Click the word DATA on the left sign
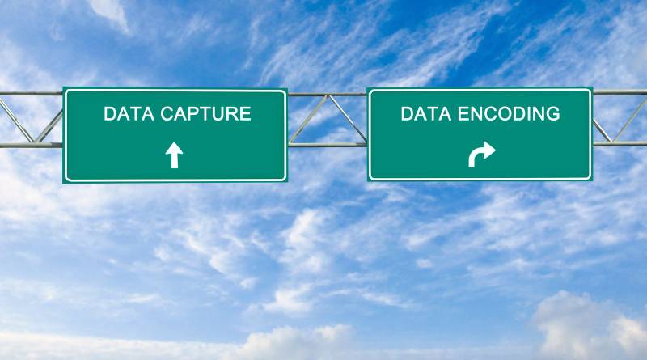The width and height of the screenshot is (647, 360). tap(129, 114)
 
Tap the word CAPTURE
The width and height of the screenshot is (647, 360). tap(206, 114)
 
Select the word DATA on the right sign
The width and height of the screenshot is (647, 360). tap(426, 113)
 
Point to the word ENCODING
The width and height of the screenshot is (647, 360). tap(509, 113)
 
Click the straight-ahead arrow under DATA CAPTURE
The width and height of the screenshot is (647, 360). tap(174, 155)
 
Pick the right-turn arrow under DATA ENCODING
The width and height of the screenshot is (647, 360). tap(481, 155)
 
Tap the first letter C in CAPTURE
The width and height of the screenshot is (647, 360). tap(167, 114)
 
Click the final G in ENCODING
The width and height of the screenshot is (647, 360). tap(552, 113)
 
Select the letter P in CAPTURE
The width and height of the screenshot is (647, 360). tap(196, 114)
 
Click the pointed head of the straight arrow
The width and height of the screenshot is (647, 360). tap(174, 143)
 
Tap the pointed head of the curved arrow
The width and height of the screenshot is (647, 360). tap(495, 150)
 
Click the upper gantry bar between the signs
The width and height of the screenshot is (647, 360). tap(327, 95)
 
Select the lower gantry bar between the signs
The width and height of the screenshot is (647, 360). tap(327, 145)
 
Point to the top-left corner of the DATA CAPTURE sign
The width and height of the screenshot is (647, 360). tap(63, 87)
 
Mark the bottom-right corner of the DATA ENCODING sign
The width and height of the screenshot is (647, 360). tap(592, 181)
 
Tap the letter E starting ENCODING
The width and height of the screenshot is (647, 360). tap(463, 113)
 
